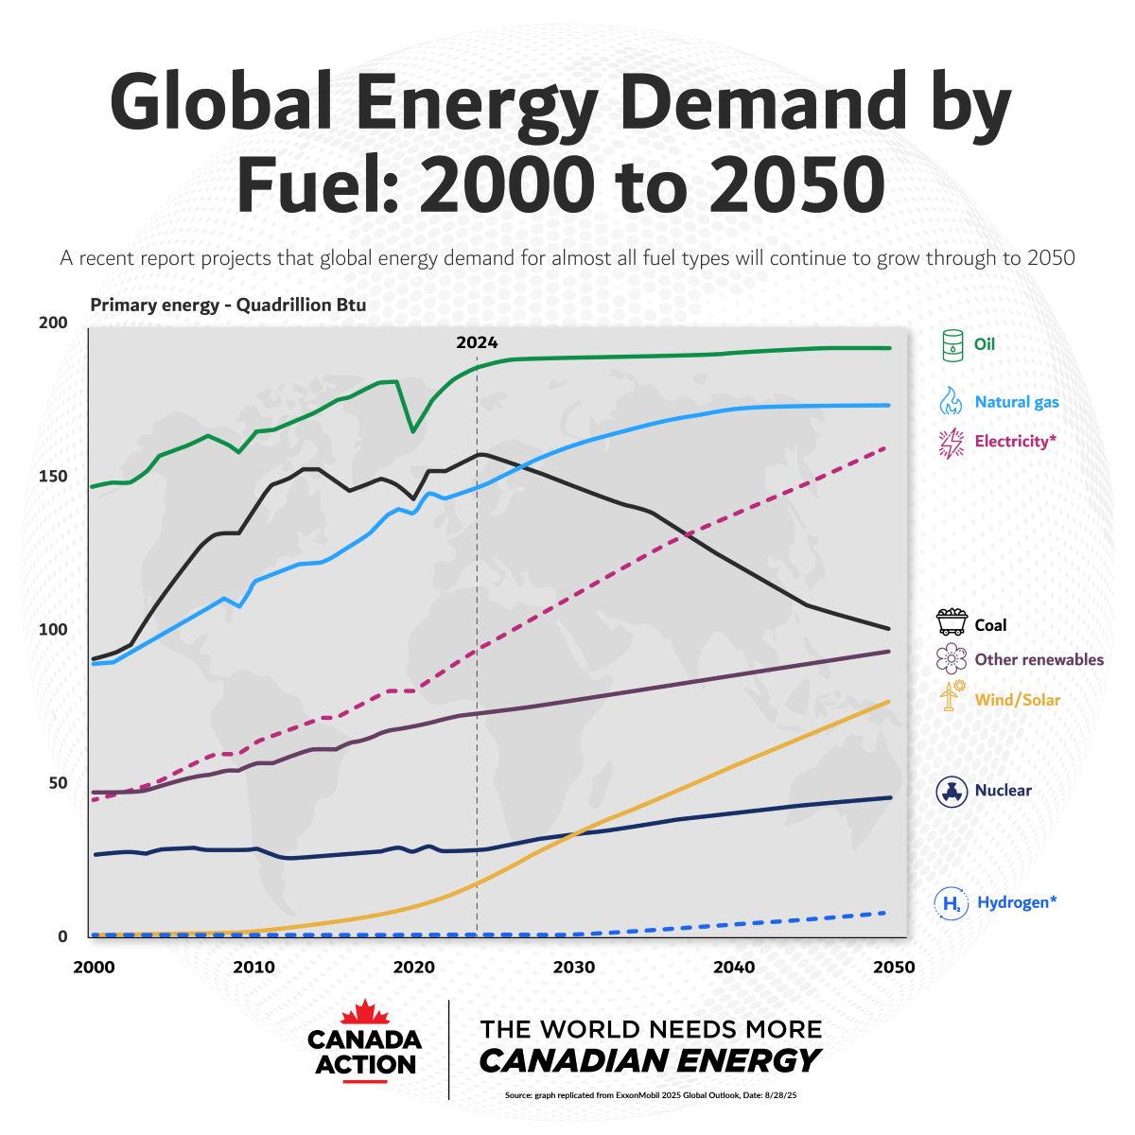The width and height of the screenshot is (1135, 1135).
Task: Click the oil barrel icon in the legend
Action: coord(952,344)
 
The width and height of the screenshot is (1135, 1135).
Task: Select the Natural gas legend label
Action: coord(1017,402)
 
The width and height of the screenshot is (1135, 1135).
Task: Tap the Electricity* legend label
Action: coord(1015,441)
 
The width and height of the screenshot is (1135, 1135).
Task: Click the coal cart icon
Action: coord(952,622)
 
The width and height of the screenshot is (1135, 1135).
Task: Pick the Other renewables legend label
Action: coord(1039,659)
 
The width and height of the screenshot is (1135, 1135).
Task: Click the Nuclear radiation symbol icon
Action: coord(951,791)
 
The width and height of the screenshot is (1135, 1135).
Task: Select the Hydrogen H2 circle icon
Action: coord(951,903)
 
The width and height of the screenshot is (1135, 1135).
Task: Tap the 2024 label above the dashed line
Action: coord(477,342)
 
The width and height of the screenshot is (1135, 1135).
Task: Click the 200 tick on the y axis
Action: coord(53,323)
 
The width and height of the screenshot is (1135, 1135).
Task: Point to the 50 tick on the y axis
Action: coord(58,782)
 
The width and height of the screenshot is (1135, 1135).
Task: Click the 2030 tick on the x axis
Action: coord(574,967)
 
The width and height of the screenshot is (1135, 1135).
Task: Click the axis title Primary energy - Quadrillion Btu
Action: coord(228,305)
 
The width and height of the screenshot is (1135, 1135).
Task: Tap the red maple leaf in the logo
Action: coord(365,1013)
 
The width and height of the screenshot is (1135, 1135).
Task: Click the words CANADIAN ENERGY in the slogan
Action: coord(649,1060)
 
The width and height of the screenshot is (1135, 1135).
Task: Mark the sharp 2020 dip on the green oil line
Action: coord(412,431)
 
